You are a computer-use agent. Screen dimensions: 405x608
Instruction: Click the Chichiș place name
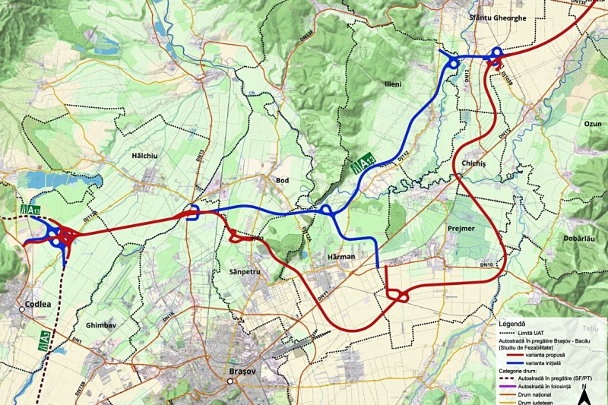(x=474, y=163)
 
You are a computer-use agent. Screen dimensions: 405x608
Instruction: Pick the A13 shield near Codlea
(x=31, y=209)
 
